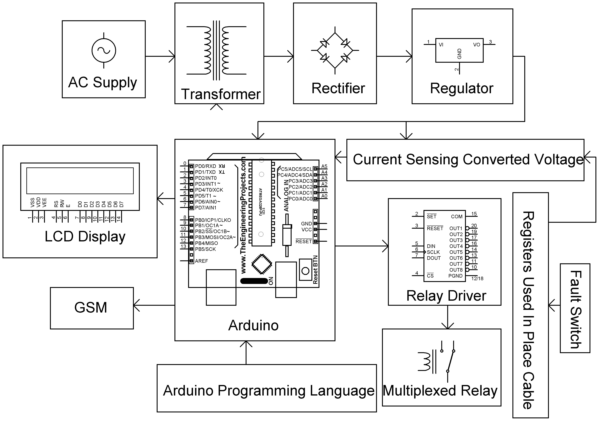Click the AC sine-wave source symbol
(104, 51)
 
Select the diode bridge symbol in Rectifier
(335, 50)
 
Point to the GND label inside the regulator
(459, 54)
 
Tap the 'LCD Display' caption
(85, 237)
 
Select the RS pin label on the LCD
(56, 204)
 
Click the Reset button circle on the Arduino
(305, 271)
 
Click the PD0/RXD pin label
(206, 166)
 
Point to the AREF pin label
(201, 261)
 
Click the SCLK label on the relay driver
(433, 252)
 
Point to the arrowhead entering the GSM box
(136, 305)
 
